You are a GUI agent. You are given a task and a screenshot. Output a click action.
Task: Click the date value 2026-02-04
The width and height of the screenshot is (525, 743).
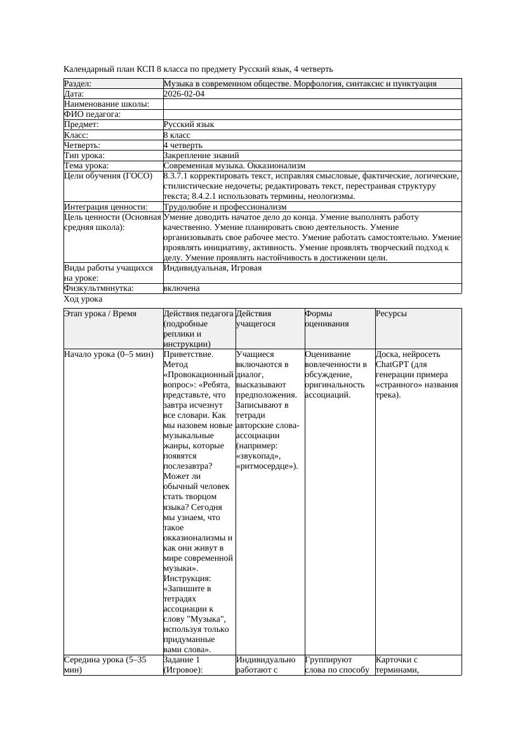click(x=184, y=94)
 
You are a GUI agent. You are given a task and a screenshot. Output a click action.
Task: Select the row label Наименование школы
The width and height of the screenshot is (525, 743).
click(x=107, y=104)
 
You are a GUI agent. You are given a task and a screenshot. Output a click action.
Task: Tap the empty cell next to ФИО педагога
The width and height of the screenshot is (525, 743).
click(x=312, y=114)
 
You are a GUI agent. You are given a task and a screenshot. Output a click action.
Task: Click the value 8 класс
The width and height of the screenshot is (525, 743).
click(x=177, y=135)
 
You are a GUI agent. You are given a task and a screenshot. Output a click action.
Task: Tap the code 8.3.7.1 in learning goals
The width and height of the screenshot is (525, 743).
click(x=178, y=176)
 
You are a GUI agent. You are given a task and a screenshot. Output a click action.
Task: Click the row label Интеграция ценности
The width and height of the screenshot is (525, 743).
click(x=105, y=207)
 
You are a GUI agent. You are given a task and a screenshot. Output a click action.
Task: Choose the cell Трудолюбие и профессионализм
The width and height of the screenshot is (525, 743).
click(x=225, y=207)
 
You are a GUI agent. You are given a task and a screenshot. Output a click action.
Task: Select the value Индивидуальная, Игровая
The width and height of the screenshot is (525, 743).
click(x=213, y=268)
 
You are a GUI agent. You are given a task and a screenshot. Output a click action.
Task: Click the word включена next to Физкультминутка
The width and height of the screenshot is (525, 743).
click(x=182, y=288)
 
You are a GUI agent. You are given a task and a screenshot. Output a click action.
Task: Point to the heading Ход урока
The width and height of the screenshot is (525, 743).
click(x=83, y=299)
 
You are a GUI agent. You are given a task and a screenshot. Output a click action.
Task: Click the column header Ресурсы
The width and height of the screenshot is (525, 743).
click(x=391, y=314)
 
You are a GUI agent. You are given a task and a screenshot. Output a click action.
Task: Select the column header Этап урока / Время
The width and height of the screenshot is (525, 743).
click(x=100, y=314)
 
